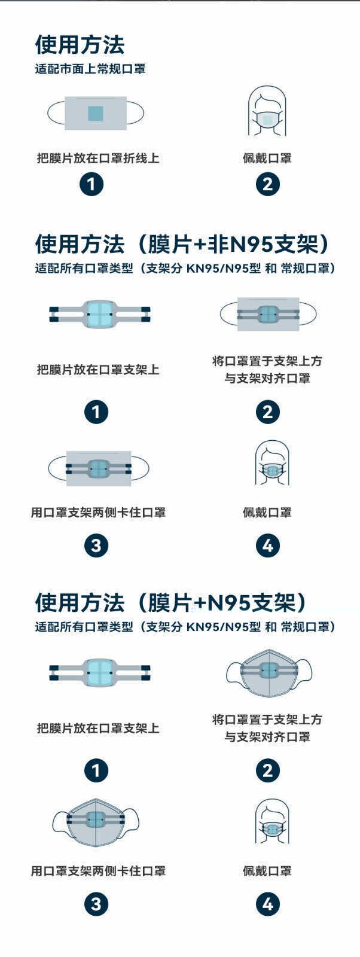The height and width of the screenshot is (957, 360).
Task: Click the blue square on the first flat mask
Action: point(96,113)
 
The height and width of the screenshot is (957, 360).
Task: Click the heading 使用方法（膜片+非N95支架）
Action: point(182,245)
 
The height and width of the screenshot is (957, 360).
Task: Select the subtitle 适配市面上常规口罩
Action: point(90,69)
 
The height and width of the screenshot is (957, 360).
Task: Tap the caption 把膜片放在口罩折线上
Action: point(98,158)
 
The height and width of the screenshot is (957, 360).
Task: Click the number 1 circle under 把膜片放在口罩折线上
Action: point(91,184)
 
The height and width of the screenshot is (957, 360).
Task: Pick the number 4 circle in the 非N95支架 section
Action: point(268,545)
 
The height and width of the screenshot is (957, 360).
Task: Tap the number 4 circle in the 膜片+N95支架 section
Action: point(268,904)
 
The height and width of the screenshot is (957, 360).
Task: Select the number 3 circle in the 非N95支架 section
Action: point(96,545)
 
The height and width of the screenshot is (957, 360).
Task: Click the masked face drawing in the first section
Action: point(267,111)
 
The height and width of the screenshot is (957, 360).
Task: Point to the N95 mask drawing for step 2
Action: point(269,673)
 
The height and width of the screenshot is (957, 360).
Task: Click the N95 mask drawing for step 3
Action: point(96,822)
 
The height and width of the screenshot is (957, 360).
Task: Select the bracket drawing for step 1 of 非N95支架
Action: point(99,314)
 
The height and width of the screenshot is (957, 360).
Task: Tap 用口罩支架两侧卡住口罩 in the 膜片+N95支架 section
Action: point(98,871)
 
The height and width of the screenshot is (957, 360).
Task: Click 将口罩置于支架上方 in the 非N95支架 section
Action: point(267,361)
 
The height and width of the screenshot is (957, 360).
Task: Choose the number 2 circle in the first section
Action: point(268,184)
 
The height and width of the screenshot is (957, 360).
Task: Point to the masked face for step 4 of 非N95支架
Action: point(272,464)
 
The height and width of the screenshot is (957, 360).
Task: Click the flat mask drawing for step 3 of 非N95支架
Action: point(99,469)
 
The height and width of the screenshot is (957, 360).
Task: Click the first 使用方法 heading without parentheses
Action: point(80,45)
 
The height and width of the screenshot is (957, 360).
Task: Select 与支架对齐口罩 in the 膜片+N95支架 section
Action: point(267,737)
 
